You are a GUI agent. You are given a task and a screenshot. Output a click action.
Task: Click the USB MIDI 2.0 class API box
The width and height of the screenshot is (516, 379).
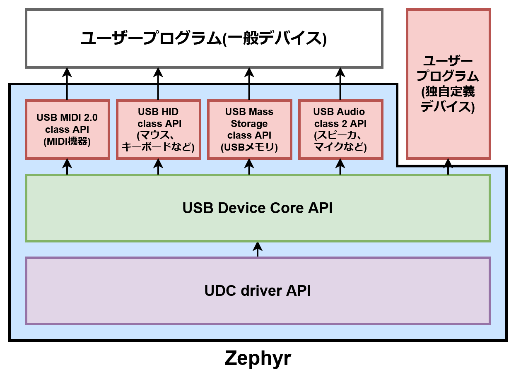pos(67,129)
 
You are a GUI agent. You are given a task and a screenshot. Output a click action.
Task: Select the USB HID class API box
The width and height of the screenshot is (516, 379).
pos(158,129)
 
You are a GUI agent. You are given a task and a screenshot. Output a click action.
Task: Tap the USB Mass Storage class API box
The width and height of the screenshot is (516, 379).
pos(249,129)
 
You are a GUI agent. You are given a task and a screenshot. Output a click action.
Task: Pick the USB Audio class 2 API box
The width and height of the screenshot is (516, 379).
pos(340,129)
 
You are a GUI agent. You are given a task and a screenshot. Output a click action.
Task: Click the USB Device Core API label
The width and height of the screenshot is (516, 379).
pos(258,208)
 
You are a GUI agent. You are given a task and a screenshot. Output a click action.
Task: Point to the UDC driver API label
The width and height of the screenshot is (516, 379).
pos(258,290)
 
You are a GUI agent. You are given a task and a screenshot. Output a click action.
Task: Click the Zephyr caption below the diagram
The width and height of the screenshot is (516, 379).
pos(258,358)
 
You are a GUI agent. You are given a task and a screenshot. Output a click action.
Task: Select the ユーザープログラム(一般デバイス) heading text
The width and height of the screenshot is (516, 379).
pos(203,38)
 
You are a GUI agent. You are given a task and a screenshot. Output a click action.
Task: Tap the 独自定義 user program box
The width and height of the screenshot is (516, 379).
pos(448,84)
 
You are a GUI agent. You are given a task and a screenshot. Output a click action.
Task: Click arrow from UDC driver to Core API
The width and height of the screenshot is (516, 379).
pos(258,249)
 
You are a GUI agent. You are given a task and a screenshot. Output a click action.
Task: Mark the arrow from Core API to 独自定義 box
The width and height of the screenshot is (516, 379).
pos(448,167)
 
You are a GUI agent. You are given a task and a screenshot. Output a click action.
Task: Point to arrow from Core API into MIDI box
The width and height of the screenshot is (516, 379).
pos(67,167)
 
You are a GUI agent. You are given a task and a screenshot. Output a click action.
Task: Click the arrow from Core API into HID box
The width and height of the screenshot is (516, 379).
pos(158,167)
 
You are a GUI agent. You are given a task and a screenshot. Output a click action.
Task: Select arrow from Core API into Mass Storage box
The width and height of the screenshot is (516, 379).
pos(249,167)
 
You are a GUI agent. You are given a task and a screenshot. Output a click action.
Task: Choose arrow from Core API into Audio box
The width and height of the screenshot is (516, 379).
pos(340,167)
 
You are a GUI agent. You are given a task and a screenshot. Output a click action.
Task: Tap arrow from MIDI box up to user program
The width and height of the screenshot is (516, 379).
pos(67,84)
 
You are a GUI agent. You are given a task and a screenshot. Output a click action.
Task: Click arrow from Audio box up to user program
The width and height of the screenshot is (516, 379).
pos(340,84)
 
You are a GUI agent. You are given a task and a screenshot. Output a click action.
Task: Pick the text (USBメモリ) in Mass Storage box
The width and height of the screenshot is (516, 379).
pos(249,147)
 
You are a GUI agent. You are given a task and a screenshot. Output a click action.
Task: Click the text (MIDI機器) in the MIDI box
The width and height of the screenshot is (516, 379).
pos(67,142)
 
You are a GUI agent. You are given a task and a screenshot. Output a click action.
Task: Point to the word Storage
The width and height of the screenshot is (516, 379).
pos(249,123)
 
